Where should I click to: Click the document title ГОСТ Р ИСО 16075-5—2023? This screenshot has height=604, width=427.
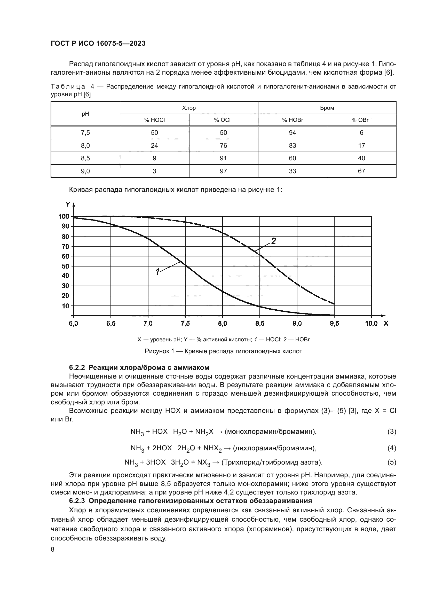[98, 44]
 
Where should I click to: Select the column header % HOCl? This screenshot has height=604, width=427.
[154, 120]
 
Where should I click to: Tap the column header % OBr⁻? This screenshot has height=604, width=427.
[361, 120]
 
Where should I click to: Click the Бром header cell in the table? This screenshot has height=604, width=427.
[327, 108]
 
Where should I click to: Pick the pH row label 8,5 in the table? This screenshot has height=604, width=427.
[85, 158]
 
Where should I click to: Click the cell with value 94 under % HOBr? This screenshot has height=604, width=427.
[292, 132]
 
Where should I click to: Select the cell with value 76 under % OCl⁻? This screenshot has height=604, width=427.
[223, 145]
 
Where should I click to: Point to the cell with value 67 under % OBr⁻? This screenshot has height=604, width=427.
[361, 171]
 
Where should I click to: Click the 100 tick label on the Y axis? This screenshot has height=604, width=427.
[64, 216]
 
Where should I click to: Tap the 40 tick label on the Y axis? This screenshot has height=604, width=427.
[65, 276]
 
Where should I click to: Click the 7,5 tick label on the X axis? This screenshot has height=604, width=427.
[185, 324]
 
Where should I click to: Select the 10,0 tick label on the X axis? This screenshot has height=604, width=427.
[371, 324]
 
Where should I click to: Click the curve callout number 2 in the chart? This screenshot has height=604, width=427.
[273, 241]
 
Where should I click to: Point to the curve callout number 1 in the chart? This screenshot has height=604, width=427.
[157, 272]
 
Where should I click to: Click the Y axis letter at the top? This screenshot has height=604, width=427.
[68, 205]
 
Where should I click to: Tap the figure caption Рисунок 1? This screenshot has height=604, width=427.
[223, 351]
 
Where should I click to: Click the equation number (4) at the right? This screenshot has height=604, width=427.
[392, 448]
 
